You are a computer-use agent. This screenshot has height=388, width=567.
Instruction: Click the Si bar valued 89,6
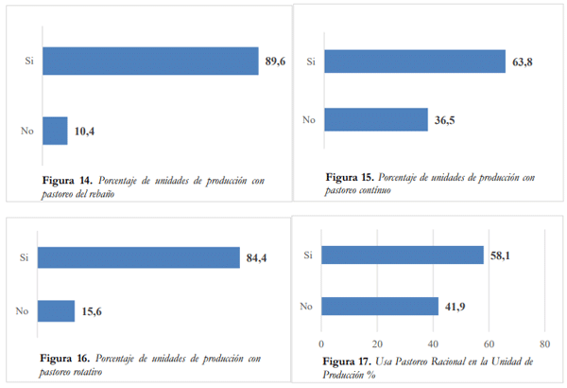[150, 61]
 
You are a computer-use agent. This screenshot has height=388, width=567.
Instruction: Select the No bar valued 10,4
[55, 131]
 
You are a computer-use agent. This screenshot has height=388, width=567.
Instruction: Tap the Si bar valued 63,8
[415, 62]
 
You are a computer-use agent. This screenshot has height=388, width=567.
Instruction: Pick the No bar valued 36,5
[376, 119]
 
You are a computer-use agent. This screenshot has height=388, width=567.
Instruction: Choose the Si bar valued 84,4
[141, 257]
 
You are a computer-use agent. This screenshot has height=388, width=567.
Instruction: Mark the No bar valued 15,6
[57, 310]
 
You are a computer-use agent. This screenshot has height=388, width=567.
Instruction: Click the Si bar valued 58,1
[403, 256]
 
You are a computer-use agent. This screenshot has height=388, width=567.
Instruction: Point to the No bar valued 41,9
[380, 306]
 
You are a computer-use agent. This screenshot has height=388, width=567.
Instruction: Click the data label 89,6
[275, 62]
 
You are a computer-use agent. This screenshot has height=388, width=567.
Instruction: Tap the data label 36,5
[445, 120]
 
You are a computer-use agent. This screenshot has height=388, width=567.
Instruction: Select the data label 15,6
[92, 311]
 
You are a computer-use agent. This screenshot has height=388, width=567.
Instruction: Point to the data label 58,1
[501, 256]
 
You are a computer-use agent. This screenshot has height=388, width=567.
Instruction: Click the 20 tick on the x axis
[377, 343]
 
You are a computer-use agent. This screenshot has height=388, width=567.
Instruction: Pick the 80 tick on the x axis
[543, 343]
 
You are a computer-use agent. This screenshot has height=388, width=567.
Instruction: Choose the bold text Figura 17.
[345, 362]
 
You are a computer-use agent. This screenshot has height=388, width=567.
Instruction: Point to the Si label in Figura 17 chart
[307, 256]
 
